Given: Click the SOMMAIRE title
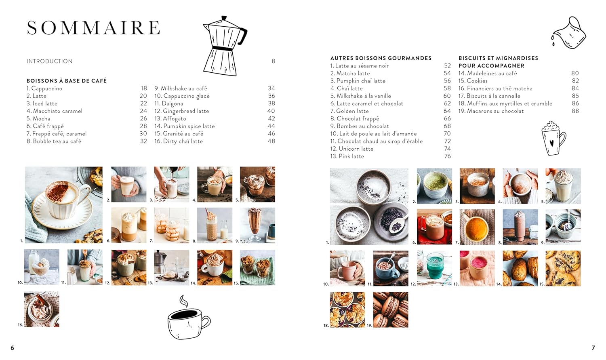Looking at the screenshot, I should [x=93, y=28].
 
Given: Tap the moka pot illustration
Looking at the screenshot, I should [x=223, y=46].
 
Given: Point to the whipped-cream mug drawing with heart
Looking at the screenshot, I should [x=553, y=139].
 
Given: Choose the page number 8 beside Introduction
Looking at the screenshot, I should [x=273, y=61].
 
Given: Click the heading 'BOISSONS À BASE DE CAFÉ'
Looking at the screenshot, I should [x=67, y=81].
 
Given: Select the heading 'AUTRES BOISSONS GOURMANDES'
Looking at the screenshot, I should [x=381, y=58].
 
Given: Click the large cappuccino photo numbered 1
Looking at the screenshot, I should [x=64, y=205].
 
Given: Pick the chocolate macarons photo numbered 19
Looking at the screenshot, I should [x=390, y=310].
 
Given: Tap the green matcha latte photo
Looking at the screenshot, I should [x=434, y=186].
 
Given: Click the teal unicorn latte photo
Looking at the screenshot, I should [x=434, y=268].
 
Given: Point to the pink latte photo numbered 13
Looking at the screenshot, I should [x=477, y=268].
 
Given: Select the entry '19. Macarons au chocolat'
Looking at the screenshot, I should [x=491, y=111].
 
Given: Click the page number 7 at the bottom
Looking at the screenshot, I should [x=593, y=348].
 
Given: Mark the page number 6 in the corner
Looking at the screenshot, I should [x=12, y=348].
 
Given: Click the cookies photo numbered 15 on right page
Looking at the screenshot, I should [x=563, y=268].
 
